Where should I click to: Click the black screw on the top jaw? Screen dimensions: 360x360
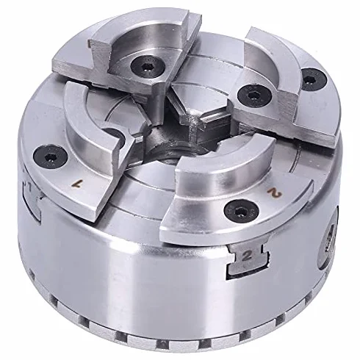coord(148,66)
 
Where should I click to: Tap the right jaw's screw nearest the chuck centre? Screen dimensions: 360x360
coord(255,96)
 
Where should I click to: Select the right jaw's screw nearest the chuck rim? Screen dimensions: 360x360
coord(314,79)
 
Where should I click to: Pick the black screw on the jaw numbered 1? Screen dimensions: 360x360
coord(51,156)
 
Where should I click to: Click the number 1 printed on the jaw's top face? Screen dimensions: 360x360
coord(77,183)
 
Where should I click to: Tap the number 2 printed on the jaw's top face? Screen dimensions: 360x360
coord(275,192)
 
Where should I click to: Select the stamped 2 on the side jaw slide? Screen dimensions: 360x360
coord(247,256)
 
